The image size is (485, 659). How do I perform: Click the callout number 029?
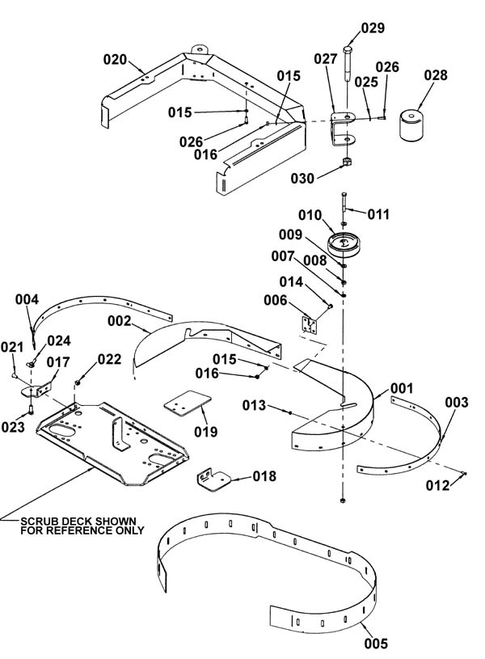pyautogui.click(x=373, y=27)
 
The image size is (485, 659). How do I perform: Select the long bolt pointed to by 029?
pyautogui.click(x=348, y=63)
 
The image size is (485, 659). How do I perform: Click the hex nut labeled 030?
pyautogui.click(x=347, y=161)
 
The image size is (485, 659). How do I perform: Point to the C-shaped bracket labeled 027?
pyautogui.click(x=343, y=129)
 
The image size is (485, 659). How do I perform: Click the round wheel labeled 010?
pyautogui.click(x=344, y=245)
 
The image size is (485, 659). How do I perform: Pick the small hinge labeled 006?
pyautogui.click(x=310, y=325)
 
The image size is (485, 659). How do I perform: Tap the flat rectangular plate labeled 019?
pyautogui.click(x=187, y=403)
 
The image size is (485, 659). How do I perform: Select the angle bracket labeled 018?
pyautogui.click(x=214, y=480)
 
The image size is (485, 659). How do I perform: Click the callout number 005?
pyautogui.click(x=376, y=643)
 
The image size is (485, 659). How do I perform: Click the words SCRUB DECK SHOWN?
pyautogui.click(x=78, y=522)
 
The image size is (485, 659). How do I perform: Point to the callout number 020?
pyautogui.click(x=115, y=60)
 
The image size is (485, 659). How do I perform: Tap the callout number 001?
pyautogui.click(x=402, y=388)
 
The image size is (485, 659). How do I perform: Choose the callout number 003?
pyautogui.click(x=457, y=402)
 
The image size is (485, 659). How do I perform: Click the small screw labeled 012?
pyautogui.click(x=463, y=474)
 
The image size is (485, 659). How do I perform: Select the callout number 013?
pyautogui.click(x=255, y=405)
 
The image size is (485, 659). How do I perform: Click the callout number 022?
pyautogui.click(x=109, y=359)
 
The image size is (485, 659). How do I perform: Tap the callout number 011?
pyautogui.click(x=378, y=214)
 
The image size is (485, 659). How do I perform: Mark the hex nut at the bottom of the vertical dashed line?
pyautogui.click(x=343, y=501)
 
